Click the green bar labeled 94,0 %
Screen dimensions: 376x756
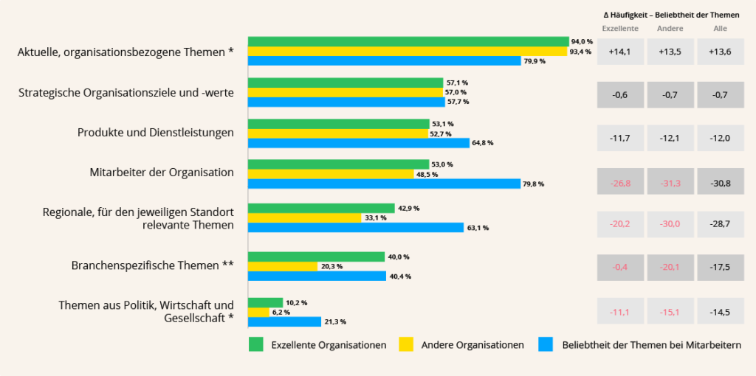tap(408, 41)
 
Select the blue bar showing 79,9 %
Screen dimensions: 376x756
tap(384, 61)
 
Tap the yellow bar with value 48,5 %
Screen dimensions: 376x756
tap(331, 174)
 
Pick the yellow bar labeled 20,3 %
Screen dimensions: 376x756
tap(283, 266)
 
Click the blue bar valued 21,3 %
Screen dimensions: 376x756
tap(284, 321)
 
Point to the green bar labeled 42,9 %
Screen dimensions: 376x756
tap(321, 209)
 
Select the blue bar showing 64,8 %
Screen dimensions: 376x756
tap(358, 143)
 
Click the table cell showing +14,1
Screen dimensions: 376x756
tap(619, 52)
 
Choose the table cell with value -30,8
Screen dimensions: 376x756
tap(720, 181)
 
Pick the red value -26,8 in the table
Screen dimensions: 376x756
tap(619, 181)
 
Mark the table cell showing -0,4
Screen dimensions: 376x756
tap(619, 267)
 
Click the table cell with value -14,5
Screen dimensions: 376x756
tap(720, 313)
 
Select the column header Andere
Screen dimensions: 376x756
tap(670, 29)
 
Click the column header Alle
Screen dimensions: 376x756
tap(720, 29)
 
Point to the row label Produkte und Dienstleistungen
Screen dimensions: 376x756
tap(156, 133)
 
